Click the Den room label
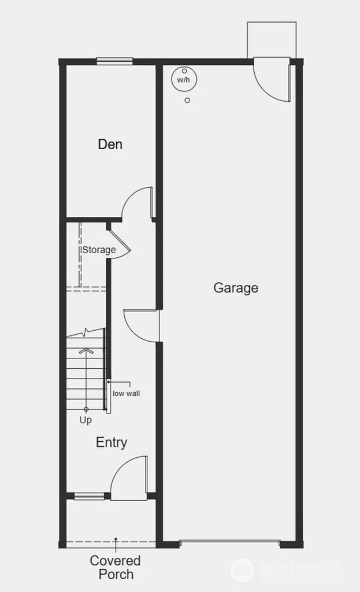(x=110, y=144)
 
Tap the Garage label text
(x=236, y=288)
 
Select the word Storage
(x=99, y=250)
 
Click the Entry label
(x=112, y=442)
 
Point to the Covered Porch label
(x=115, y=568)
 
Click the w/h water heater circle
(x=184, y=80)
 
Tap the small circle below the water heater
(x=187, y=101)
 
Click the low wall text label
(x=126, y=393)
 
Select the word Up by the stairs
(x=86, y=420)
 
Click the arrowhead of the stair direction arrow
(x=87, y=350)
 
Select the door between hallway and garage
(x=141, y=326)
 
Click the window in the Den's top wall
(x=115, y=61)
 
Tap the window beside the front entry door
(x=89, y=496)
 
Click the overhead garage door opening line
(x=229, y=542)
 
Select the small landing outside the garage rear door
(x=272, y=40)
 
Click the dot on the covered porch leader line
(x=116, y=539)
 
